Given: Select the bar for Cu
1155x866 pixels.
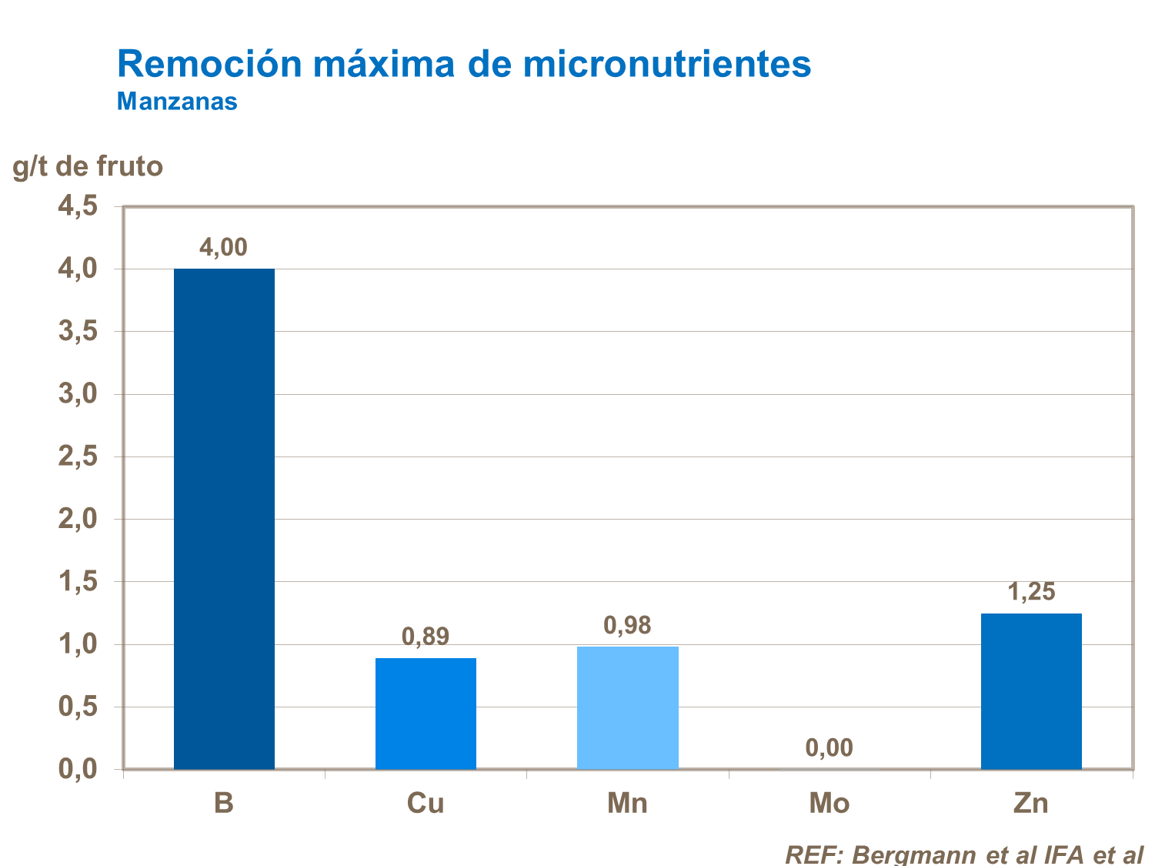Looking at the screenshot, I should tap(426, 713).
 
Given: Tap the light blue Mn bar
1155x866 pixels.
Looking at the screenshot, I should tap(627, 707).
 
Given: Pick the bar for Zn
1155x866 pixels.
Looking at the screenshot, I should tap(1031, 690).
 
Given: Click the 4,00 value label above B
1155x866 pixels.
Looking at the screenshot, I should tap(223, 247).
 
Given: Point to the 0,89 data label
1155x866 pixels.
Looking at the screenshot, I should tap(426, 637).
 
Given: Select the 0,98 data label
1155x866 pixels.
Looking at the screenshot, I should tap(627, 626).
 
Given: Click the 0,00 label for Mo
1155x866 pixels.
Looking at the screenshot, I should tap(829, 747).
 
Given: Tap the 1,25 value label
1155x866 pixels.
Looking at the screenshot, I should tap(1031, 592).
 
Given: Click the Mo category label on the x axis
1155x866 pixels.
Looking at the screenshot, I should tap(829, 804).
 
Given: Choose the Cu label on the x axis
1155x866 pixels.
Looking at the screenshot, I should tap(426, 804).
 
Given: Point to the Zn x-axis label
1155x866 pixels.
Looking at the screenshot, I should tap(1031, 804).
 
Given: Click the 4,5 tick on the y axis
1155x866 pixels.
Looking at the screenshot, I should tap(78, 206).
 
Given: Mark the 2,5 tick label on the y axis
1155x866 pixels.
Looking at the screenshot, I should tap(78, 456).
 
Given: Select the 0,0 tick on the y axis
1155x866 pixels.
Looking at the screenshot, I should tap(78, 769).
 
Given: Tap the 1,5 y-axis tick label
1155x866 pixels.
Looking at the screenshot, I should tap(78, 582).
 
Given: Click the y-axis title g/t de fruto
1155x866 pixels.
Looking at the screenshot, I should tap(88, 166).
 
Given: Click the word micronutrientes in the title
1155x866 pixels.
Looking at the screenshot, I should tap(667, 64).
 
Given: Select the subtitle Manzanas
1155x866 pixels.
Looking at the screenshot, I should tap(177, 102).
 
